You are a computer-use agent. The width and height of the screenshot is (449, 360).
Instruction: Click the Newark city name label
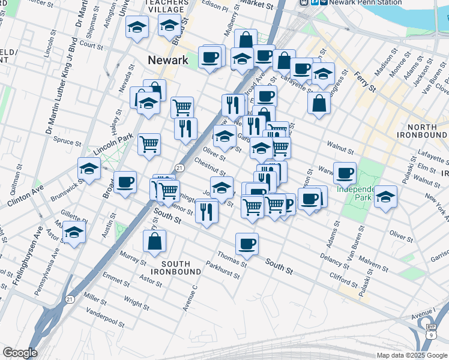tap(168, 60)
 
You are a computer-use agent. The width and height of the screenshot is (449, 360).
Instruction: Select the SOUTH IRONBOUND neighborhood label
tap(176, 268)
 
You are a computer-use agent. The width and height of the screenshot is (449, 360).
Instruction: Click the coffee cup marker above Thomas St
tap(247, 244)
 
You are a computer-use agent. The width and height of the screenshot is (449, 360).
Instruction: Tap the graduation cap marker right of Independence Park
tap(385, 196)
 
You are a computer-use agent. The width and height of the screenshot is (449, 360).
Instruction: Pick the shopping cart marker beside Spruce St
tap(149, 143)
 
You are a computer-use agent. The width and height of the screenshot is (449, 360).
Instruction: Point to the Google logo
tap(19, 353)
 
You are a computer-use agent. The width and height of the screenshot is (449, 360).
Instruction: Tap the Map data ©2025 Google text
tap(412, 355)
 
